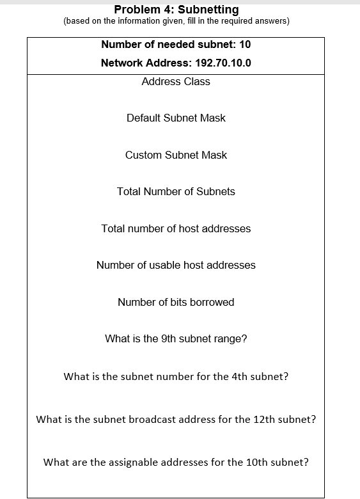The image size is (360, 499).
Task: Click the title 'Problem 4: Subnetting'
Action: (x=176, y=10)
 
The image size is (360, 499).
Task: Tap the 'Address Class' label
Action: (x=176, y=82)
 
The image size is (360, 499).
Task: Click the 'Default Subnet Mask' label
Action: (x=176, y=118)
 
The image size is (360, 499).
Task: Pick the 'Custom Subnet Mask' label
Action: (x=176, y=155)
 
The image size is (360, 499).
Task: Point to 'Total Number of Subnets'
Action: (x=176, y=192)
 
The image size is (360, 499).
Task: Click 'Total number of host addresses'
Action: (x=176, y=229)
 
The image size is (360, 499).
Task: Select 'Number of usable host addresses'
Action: (x=176, y=265)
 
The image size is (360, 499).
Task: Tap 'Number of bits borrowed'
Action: (x=176, y=303)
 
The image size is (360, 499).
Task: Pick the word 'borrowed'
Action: (x=212, y=303)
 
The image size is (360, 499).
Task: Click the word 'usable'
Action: (x=166, y=265)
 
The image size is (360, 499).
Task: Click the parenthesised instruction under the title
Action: (x=176, y=22)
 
